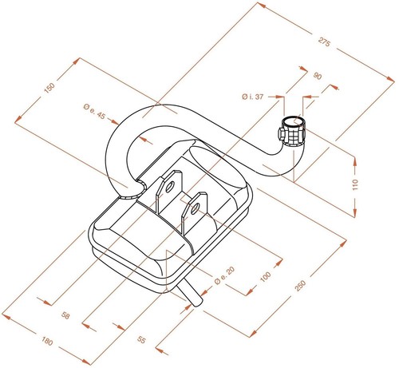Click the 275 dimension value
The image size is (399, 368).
(324, 42)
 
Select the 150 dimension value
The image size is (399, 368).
(49, 88)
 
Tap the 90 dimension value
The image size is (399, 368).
(318, 77)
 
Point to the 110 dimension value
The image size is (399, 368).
(355, 184)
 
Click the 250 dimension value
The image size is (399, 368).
(301, 285)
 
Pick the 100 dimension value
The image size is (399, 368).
(265, 277)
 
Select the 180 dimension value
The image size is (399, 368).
(47, 341)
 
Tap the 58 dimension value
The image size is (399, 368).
(65, 315)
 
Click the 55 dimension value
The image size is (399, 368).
(141, 339)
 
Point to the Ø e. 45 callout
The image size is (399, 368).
(94, 112)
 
